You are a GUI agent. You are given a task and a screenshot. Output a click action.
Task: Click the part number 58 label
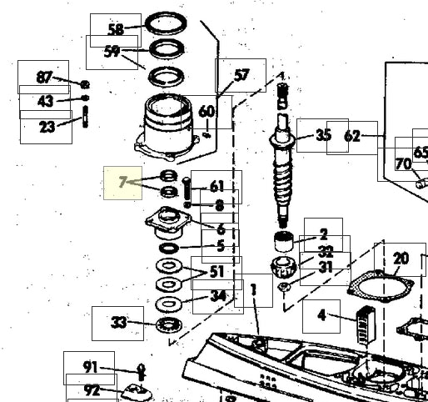[116, 30]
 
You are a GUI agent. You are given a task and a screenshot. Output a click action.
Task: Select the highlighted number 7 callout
[122, 183]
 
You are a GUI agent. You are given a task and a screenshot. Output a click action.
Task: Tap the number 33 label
[118, 324]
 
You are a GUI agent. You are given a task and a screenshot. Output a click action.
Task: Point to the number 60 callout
[207, 112]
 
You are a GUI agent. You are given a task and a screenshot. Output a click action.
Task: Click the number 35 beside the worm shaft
[323, 135]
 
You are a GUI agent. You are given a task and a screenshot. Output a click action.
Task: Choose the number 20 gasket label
[401, 259]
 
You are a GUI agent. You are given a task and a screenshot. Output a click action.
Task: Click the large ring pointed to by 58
[167, 24]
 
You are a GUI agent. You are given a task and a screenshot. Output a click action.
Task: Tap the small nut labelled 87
[85, 84]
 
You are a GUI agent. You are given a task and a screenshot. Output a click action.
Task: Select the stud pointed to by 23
[86, 117]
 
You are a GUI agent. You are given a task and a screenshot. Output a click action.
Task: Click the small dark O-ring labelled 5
[169, 248]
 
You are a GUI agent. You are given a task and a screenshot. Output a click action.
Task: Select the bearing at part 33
[169, 324]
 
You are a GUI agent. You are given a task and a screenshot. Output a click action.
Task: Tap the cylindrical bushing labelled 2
[283, 241]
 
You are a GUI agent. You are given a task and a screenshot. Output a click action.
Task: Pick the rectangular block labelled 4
[366, 324]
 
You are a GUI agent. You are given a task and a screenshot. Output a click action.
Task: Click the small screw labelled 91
[142, 372]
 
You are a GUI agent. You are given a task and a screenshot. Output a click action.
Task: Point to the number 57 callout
[241, 75]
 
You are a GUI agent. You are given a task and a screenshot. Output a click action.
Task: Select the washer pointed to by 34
[169, 304]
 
